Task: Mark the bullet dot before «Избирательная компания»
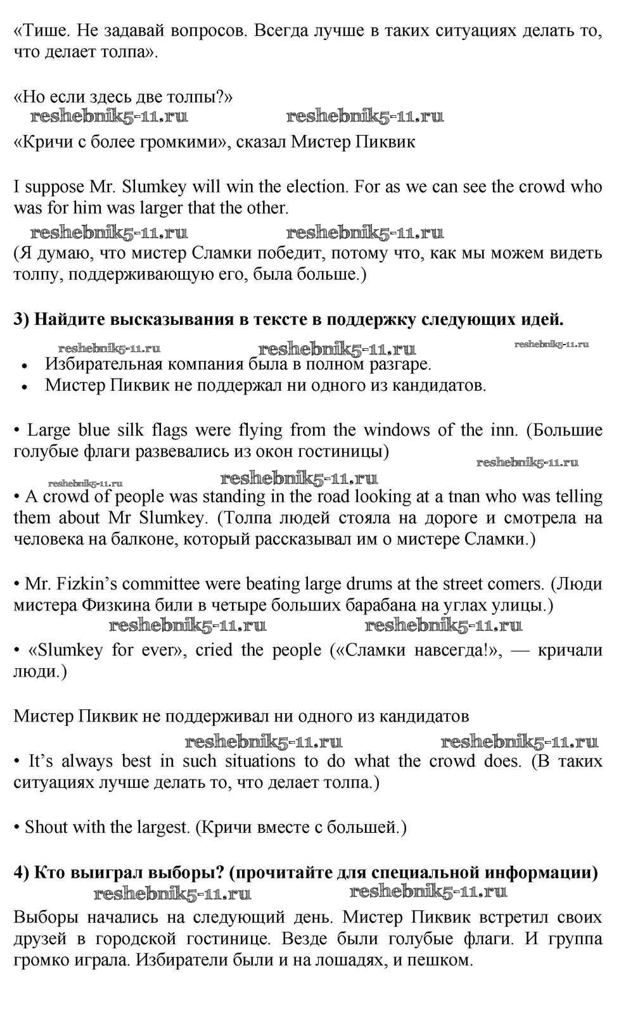coord(24,365)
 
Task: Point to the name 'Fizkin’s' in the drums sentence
coord(80,584)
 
